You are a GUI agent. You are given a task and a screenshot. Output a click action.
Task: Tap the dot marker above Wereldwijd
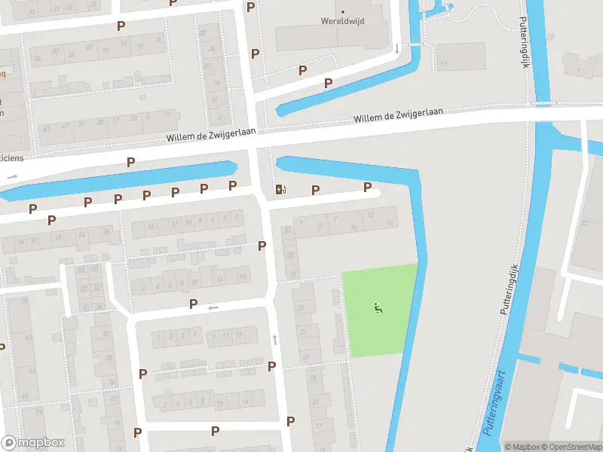click(342, 11)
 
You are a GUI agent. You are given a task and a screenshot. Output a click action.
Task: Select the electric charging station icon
click(280, 189)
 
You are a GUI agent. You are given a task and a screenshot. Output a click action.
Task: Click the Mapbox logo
click(33, 443)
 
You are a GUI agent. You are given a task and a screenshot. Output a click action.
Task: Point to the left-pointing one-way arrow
click(213, 307)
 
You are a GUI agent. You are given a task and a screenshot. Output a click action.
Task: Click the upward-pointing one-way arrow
click(275, 340)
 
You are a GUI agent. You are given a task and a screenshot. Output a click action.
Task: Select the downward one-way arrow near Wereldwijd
click(397, 49)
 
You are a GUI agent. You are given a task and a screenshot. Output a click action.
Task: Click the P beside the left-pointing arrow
click(194, 304)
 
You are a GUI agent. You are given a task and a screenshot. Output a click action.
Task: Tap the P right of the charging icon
click(315, 190)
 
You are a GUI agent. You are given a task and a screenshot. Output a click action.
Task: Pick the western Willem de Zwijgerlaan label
click(210, 136)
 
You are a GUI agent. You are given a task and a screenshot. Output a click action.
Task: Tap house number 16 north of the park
click(390, 224)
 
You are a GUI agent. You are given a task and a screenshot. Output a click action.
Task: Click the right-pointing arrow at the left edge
click(11, 176)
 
